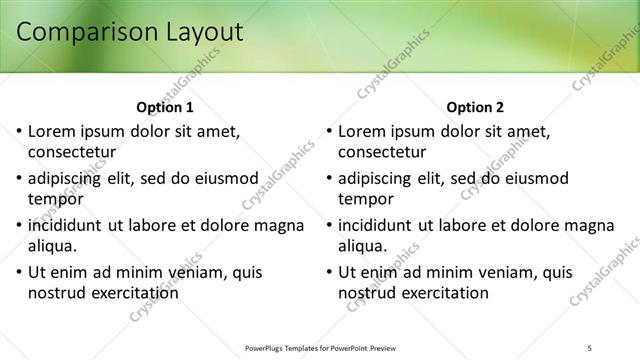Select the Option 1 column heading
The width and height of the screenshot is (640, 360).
165,107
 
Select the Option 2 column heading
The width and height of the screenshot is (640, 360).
476,107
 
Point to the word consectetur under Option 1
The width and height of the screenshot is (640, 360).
72,153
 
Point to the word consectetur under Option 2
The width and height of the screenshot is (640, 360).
383,153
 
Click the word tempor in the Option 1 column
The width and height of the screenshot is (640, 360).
56,199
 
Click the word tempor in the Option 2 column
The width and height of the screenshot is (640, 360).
366,199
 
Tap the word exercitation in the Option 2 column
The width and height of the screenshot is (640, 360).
440,293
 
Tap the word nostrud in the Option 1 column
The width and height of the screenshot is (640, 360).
59,293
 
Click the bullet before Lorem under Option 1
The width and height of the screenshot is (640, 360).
19,131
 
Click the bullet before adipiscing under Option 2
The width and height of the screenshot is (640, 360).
329,178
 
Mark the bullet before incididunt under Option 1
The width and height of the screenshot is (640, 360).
19,225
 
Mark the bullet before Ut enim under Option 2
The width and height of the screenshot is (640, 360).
329,272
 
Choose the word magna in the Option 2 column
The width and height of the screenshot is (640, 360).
588,225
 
